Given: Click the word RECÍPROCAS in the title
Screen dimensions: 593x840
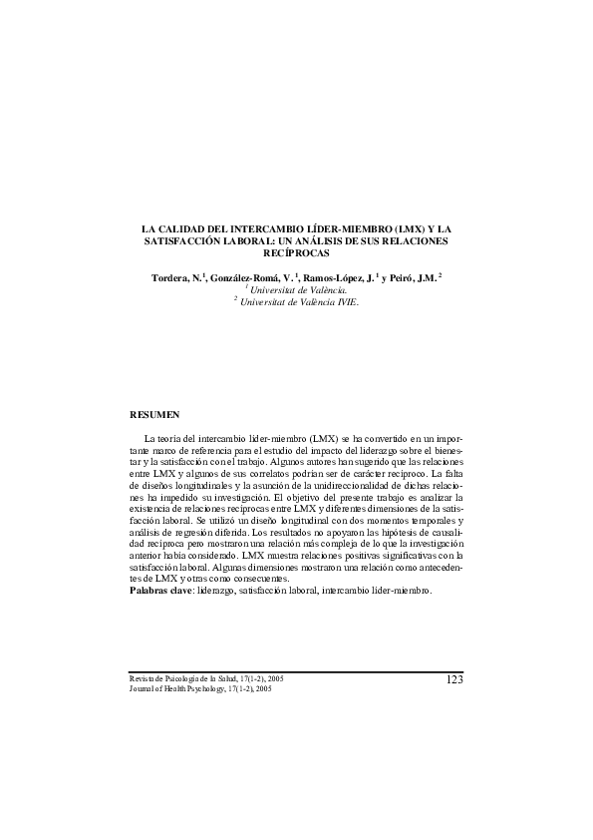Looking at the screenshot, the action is [296, 253].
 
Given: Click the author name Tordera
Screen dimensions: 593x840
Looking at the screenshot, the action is [160, 275].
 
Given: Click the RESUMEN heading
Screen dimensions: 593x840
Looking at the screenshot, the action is [155, 413].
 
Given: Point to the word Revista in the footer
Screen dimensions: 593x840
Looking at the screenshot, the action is [144, 678].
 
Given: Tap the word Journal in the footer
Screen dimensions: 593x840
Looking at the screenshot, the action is [145, 688].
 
